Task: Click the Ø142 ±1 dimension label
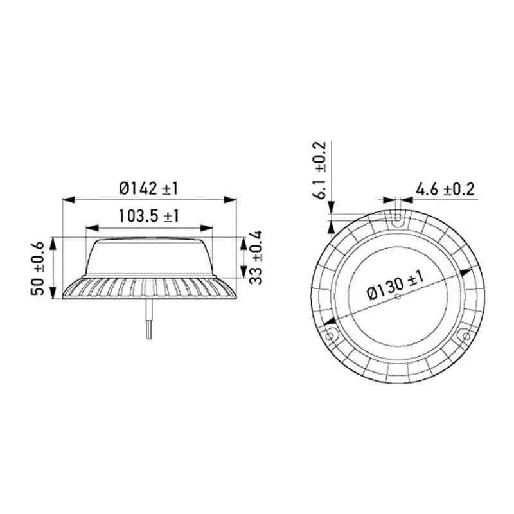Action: (148, 188)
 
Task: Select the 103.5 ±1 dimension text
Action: (148, 216)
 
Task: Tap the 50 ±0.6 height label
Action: (38, 269)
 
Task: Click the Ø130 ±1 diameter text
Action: (396, 285)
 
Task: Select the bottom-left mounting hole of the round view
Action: (331, 335)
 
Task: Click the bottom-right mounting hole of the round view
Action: (464, 335)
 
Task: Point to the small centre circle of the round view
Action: (398, 296)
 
